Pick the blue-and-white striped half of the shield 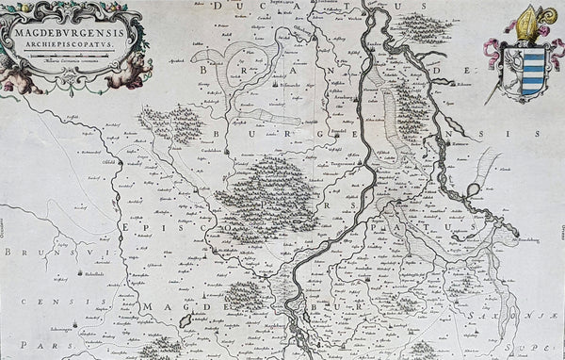click(x=533, y=70)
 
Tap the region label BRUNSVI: click(x=28, y=253)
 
